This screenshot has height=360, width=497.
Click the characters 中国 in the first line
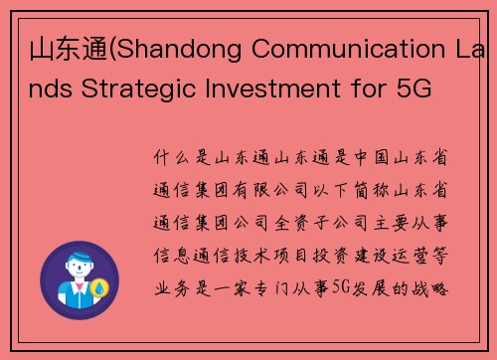point(369,158)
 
